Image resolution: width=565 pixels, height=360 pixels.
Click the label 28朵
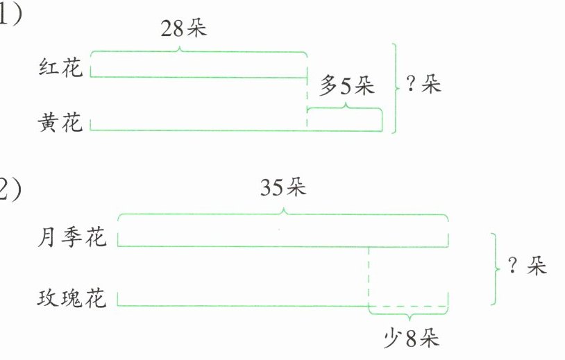pos(184,30)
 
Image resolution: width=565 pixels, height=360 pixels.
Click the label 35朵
pos(283,187)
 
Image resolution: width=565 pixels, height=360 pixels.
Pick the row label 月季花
pos(72,239)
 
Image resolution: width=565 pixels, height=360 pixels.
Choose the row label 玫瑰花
pos(72,299)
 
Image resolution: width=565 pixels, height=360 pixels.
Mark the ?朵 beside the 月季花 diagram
pos(528,267)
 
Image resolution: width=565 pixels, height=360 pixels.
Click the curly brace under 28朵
pos(198,52)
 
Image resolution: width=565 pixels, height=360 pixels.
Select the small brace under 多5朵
pos(345,108)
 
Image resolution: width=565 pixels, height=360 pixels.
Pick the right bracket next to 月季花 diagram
pos(496,268)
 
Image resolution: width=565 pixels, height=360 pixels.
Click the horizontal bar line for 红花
pos(198,76)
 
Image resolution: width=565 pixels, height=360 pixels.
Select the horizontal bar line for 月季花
pos(283,245)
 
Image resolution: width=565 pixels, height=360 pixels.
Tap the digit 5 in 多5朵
pos(346,87)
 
